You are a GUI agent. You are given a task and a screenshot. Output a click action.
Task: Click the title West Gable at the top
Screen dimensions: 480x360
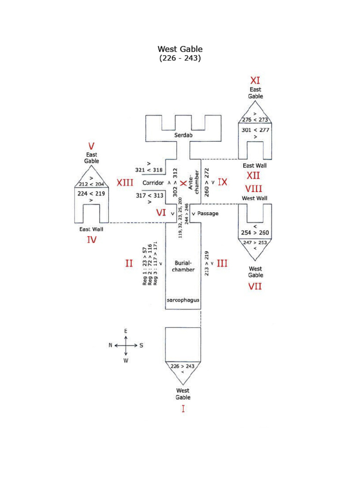click(180, 49)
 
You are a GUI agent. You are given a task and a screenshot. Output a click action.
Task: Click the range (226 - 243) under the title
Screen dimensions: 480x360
click(180, 59)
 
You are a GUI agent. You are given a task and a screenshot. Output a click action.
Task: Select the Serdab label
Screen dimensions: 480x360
click(183, 135)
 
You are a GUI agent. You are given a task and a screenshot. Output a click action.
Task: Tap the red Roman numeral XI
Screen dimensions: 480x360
click(255, 81)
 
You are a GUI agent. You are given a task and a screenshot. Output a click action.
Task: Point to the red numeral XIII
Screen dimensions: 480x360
click(125, 182)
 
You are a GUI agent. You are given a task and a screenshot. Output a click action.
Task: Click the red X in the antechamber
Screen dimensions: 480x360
click(183, 185)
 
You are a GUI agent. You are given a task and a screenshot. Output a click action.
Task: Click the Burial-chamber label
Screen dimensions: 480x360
click(183, 266)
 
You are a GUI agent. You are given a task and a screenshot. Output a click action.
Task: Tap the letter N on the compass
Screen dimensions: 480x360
click(110, 345)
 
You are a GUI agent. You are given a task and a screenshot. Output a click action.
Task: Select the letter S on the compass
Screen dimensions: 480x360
click(141, 345)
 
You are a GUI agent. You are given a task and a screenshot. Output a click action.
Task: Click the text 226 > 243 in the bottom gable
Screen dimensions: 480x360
click(183, 366)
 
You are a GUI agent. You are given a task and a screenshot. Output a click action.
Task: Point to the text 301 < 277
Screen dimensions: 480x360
click(255, 130)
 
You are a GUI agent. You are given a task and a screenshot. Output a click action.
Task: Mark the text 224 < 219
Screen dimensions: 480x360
click(92, 192)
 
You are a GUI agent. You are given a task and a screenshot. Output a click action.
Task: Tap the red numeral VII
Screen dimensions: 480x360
click(255, 286)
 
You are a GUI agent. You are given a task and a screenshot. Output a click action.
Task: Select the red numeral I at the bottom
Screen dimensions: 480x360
click(183, 409)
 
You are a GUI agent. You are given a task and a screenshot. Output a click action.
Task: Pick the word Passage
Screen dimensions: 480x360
click(208, 213)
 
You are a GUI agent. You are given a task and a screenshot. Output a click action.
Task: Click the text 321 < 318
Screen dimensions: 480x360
click(149, 170)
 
